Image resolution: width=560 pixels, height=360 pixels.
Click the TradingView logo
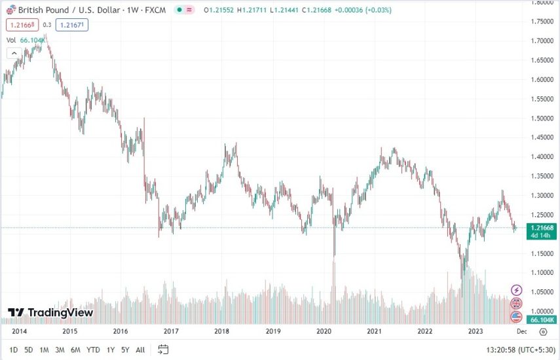point(50,313)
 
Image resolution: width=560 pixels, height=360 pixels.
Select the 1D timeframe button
point(14,350)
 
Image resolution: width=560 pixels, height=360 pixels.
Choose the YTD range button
point(93,350)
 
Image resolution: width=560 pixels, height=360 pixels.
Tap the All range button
point(140,350)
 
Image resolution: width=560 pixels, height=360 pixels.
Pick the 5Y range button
point(125,350)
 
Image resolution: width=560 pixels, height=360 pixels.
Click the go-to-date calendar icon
point(163,350)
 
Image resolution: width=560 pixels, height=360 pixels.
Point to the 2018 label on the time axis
point(221,332)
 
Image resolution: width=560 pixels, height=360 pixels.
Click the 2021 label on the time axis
point(374,332)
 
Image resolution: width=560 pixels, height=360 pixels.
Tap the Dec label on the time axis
point(521,332)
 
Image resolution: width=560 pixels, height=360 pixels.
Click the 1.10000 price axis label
point(542,272)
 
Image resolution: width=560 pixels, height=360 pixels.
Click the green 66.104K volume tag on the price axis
point(542,319)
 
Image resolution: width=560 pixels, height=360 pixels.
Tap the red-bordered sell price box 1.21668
point(20,26)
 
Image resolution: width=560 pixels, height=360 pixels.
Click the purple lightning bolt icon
point(517,290)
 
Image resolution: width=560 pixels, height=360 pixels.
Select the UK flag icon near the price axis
point(517,303)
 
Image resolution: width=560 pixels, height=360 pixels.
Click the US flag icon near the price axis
point(517,317)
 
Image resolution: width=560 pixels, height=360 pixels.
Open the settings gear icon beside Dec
point(542,332)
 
